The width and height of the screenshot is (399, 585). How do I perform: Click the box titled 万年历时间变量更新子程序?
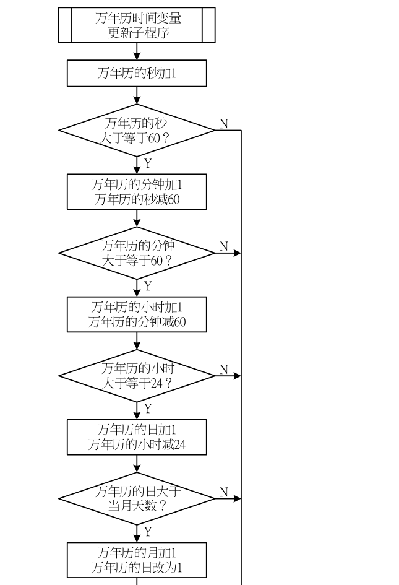[137, 25]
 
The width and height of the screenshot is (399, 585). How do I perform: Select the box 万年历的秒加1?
[137, 73]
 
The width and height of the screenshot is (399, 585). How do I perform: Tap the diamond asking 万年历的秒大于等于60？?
[137, 130]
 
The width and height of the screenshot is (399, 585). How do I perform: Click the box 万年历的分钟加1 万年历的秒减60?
[137, 192]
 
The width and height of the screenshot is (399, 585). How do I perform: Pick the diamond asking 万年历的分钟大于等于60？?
[137, 253]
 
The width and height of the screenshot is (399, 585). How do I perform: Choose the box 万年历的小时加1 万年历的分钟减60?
[137, 314]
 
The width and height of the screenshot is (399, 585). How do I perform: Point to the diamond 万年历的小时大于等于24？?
[137, 376]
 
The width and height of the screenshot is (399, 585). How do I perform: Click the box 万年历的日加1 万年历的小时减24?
[137, 437]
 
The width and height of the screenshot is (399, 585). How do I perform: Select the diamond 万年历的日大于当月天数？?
[137, 498]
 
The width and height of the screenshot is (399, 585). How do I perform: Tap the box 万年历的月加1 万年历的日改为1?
[137, 560]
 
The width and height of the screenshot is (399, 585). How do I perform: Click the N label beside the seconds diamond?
[224, 123]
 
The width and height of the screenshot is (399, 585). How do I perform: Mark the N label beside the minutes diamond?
[224, 246]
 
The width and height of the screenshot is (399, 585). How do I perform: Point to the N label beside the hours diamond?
[224, 370]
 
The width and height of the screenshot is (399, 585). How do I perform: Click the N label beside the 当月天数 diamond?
[224, 492]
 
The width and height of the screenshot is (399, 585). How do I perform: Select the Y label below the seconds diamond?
[148, 163]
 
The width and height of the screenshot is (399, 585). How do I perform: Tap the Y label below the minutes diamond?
[148, 286]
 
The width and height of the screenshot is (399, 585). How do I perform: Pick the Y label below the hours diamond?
[148, 409]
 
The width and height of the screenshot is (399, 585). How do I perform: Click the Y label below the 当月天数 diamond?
[148, 532]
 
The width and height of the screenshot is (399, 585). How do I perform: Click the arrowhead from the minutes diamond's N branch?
[237, 253]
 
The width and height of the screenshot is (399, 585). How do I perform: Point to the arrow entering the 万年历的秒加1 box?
[137, 51]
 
